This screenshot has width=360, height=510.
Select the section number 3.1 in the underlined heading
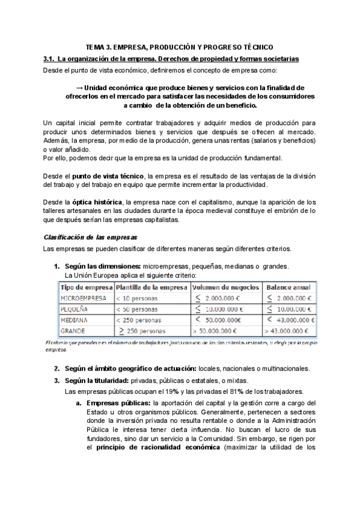48,58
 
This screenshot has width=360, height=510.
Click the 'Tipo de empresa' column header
87,287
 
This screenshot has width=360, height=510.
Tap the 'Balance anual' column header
288,287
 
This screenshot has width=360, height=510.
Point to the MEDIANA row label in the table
74,319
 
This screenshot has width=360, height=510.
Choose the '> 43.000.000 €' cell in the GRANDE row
287,331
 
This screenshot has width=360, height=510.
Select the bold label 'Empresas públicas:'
118,402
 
